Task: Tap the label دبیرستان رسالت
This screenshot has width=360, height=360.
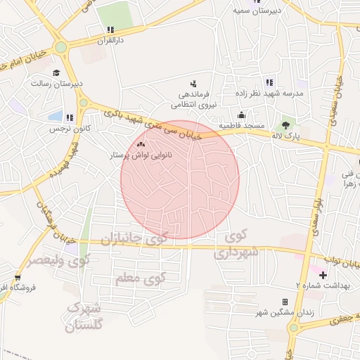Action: [56, 83]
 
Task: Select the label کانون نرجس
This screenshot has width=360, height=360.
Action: [65, 129]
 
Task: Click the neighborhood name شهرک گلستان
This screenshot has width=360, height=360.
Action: [84, 317]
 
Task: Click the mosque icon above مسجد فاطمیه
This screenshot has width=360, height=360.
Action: [242, 115]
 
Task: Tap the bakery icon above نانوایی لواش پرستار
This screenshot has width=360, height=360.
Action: [132, 143]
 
